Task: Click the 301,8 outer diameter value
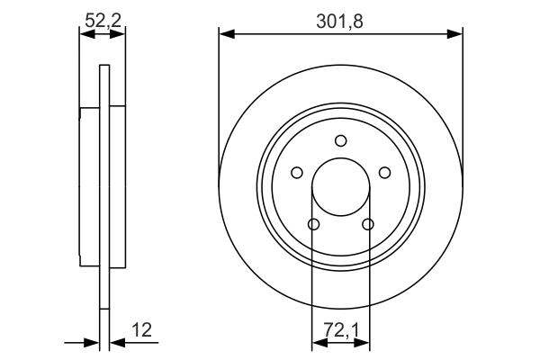tap(340, 21)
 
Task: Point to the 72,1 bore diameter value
tap(340, 329)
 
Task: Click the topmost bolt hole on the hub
tap(340, 140)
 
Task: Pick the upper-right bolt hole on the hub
tap(384, 173)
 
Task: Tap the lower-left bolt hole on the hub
tap(313, 224)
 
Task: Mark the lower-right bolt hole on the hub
tap(367, 224)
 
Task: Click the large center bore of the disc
tap(340, 187)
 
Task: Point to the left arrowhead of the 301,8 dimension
tap(226, 34)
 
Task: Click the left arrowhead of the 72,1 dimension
tap(318, 342)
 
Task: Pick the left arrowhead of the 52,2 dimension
tap(85, 34)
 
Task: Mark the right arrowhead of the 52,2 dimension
tap(120, 34)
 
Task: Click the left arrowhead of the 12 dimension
tap(92, 342)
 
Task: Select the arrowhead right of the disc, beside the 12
tap(116, 342)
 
